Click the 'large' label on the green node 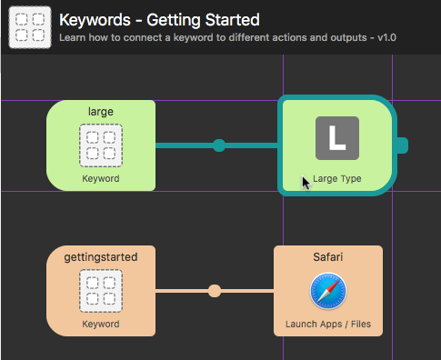(100, 112)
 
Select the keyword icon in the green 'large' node (100, 145)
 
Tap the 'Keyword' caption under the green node (100, 179)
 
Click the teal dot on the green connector (218, 145)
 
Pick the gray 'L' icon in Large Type (337, 139)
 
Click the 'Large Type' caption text (337, 179)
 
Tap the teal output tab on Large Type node (402, 145)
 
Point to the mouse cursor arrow (306, 182)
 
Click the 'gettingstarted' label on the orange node (100, 257)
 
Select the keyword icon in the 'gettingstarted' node (100, 291)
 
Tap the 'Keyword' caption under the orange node (100, 325)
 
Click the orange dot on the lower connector (214, 291)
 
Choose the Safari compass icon (327, 291)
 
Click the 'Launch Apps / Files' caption (327, 325)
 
